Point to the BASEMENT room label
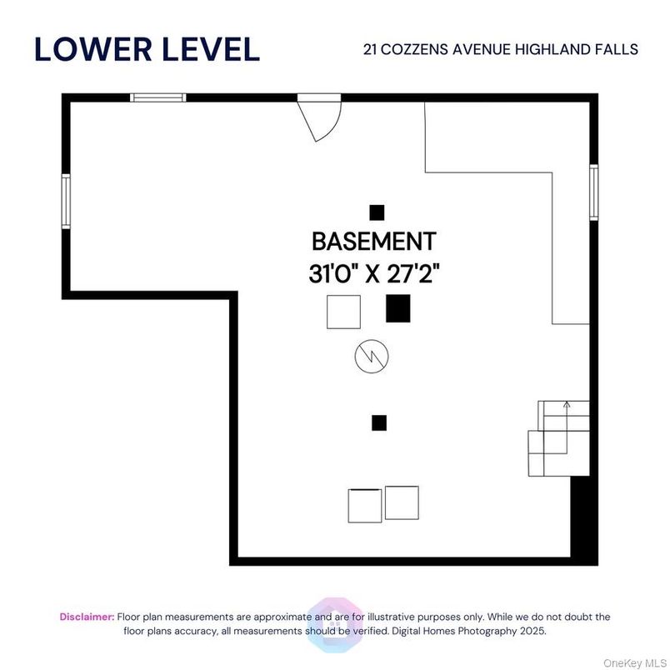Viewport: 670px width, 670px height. point(373,242)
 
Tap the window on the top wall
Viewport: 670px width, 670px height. point(158,97)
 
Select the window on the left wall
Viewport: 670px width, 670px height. point(66,201)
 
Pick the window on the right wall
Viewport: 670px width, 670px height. point(594,192)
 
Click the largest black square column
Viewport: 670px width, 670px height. point(397,308)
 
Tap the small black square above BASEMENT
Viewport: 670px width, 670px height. point(377,212)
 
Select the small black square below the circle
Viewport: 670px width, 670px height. point(379,422)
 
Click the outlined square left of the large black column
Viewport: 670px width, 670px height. point(343,312)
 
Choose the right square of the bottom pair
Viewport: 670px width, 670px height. point(402,502)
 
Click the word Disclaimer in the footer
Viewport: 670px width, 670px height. point(87,617)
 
